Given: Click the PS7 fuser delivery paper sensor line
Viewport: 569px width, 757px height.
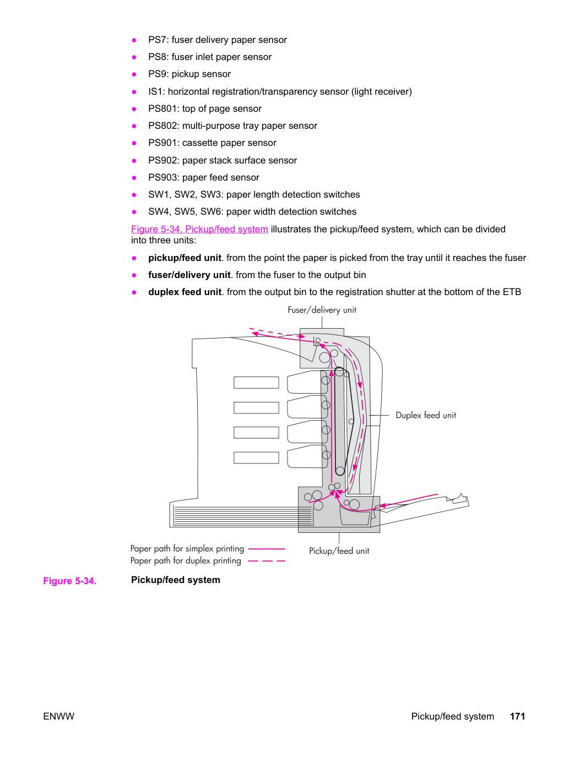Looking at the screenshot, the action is click(x=218, y=40).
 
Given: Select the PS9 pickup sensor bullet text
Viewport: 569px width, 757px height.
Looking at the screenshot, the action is click(x=189, y=74).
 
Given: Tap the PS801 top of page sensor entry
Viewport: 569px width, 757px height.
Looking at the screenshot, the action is click(x=204, y=108).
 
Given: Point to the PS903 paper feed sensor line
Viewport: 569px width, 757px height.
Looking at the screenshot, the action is click(x=204, y=177).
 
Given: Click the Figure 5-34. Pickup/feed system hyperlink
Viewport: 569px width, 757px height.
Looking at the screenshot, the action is click(x=199, y=229).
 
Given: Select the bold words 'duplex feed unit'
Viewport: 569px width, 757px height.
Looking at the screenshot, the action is click(x=185, y=292).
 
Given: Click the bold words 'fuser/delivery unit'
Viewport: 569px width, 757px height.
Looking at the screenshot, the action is click(x=189, y=275).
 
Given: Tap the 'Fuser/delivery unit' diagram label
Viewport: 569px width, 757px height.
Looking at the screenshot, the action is click(x=322, y=310).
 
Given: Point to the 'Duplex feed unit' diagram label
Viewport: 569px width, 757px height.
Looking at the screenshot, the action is click(x=426, y=415).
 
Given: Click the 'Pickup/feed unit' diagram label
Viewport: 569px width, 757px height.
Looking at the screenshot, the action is click(x=339, y=551).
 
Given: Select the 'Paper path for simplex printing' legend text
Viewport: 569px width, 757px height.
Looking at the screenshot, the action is click(x=187, y=548).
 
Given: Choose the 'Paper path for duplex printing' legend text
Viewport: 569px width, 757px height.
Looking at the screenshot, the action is click(x=186, y=560).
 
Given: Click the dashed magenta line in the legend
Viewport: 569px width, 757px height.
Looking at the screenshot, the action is click(x=267, y=561).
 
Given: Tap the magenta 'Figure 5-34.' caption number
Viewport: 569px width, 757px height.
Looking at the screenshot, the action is click(x=70, y=581).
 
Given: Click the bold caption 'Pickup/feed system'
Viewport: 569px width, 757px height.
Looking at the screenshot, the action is click(x=176, y=580).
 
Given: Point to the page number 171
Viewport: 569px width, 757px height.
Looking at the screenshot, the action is click(x=518, y=716).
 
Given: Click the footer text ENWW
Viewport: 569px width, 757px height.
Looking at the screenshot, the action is click(x=58, y=716).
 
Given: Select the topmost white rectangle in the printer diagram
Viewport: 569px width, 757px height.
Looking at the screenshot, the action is click(x=256, y=383).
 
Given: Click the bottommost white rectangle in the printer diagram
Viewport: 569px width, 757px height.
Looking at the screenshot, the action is click(x=256, y=458).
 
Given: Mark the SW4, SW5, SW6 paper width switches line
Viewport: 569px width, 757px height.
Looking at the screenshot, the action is click(x=252, y=211).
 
